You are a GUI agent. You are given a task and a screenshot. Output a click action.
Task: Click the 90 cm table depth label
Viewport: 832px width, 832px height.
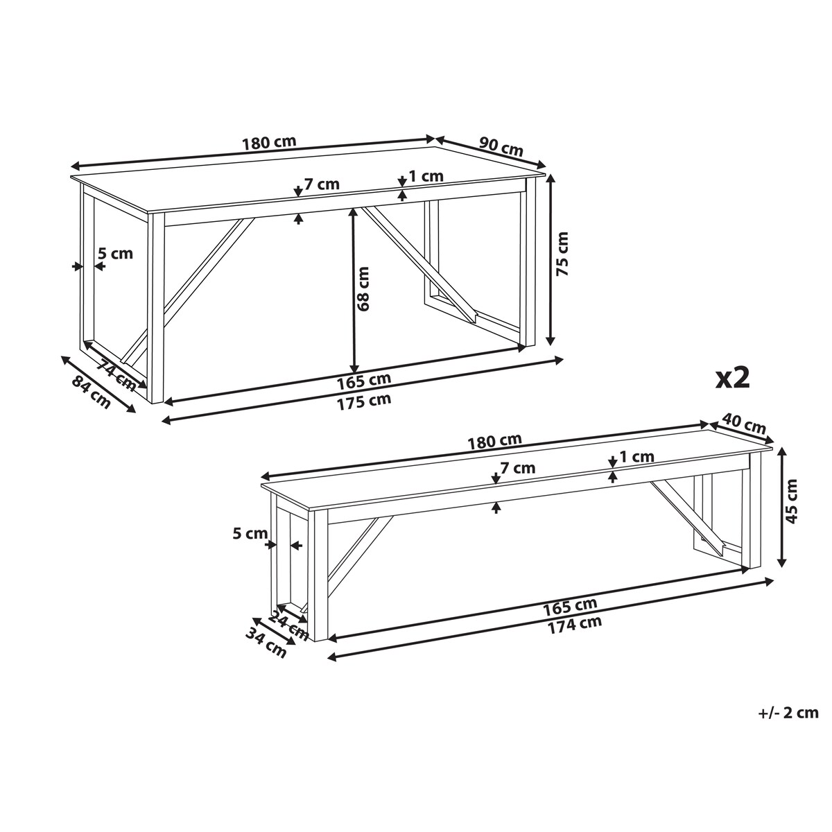pos(501,147)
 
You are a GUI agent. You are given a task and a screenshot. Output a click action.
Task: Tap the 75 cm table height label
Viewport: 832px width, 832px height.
pos(562,254)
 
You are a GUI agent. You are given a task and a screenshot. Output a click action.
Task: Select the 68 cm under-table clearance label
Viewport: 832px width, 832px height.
pos(363,288)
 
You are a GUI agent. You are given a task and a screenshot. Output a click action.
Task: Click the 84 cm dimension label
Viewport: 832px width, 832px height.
pos(91,392)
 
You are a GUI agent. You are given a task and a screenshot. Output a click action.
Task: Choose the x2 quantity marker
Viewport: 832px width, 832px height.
pos(733,379)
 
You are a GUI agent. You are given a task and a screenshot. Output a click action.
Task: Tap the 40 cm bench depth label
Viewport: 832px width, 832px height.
pos(744,424)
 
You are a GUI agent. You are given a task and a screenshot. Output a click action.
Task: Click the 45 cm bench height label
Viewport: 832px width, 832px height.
pos(792,501)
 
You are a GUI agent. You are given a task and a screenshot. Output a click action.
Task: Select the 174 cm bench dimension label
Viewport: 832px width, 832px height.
pos(575,624)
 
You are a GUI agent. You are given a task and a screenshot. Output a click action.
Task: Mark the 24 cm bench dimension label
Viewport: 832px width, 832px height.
pos(288,627)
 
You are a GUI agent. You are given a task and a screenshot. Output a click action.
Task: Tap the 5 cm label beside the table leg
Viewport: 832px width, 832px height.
pos(115,253)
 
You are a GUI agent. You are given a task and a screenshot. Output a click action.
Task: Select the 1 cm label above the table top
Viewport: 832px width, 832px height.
pos(426,175)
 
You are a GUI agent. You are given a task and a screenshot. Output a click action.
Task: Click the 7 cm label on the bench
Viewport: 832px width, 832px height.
pos(518,467)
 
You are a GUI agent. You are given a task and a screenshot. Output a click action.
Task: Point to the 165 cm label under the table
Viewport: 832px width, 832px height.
pos(364,380)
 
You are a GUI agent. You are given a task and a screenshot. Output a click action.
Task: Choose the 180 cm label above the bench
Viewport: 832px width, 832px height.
pos(495,440)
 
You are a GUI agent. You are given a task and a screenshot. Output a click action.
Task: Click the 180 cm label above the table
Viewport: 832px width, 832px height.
pos(269,143)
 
